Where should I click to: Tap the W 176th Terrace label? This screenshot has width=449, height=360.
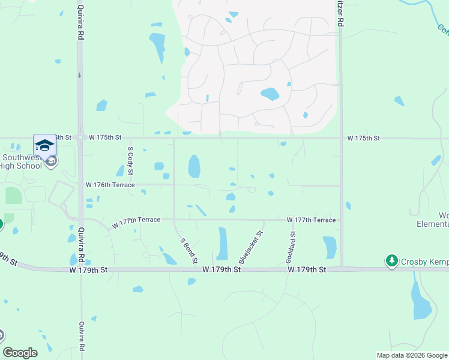110,185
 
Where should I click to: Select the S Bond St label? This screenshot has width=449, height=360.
188,250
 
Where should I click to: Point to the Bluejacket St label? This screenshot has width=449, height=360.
251,247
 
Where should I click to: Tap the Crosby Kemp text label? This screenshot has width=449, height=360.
424,261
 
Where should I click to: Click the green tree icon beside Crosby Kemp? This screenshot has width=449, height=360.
392,261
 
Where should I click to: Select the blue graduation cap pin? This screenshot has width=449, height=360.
44,145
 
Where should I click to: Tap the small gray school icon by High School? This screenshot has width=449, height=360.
52,160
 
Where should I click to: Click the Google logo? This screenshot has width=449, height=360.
20,353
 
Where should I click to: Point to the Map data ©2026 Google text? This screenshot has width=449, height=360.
411,355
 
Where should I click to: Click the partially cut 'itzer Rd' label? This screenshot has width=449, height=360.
340,13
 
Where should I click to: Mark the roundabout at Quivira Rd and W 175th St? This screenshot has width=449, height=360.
80,138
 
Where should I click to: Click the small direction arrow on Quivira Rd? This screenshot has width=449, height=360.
79,76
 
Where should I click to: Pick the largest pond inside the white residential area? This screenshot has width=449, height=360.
270,94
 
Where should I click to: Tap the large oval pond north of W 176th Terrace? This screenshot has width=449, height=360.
194,166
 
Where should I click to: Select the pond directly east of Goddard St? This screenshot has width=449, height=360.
330,247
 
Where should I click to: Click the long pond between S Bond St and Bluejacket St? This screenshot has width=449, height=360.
223,244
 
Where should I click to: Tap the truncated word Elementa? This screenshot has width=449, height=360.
433,224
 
